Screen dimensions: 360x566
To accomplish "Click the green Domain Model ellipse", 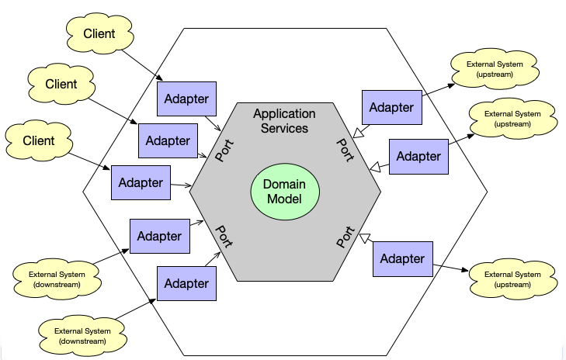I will coord(285,192).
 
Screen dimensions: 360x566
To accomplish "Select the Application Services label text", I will coord(285,121).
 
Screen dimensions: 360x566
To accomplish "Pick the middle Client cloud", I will coord(60,83).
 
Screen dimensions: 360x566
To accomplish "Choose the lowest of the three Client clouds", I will coord(39,140).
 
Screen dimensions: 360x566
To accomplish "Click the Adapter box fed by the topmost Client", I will coord(186,99).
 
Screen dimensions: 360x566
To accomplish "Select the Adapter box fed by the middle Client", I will coord(168,140).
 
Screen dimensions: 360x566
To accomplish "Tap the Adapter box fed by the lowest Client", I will coord(141,183).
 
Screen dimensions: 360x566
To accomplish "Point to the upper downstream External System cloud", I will coord(55,279).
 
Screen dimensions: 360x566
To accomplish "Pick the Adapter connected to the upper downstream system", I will coord(159,236).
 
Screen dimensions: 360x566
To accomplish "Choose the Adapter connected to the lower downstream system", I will coord(186,284).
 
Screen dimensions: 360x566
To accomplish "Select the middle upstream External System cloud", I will coord(513,118).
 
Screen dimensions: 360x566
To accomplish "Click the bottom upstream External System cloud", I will coord(513,279).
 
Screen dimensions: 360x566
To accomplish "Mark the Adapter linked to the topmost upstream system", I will coord(391,107).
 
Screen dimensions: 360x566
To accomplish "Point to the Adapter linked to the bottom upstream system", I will coord(402,258).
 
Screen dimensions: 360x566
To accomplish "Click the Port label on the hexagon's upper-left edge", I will coord(224,151).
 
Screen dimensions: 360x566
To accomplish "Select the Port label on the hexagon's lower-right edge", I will coord(346,237).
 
